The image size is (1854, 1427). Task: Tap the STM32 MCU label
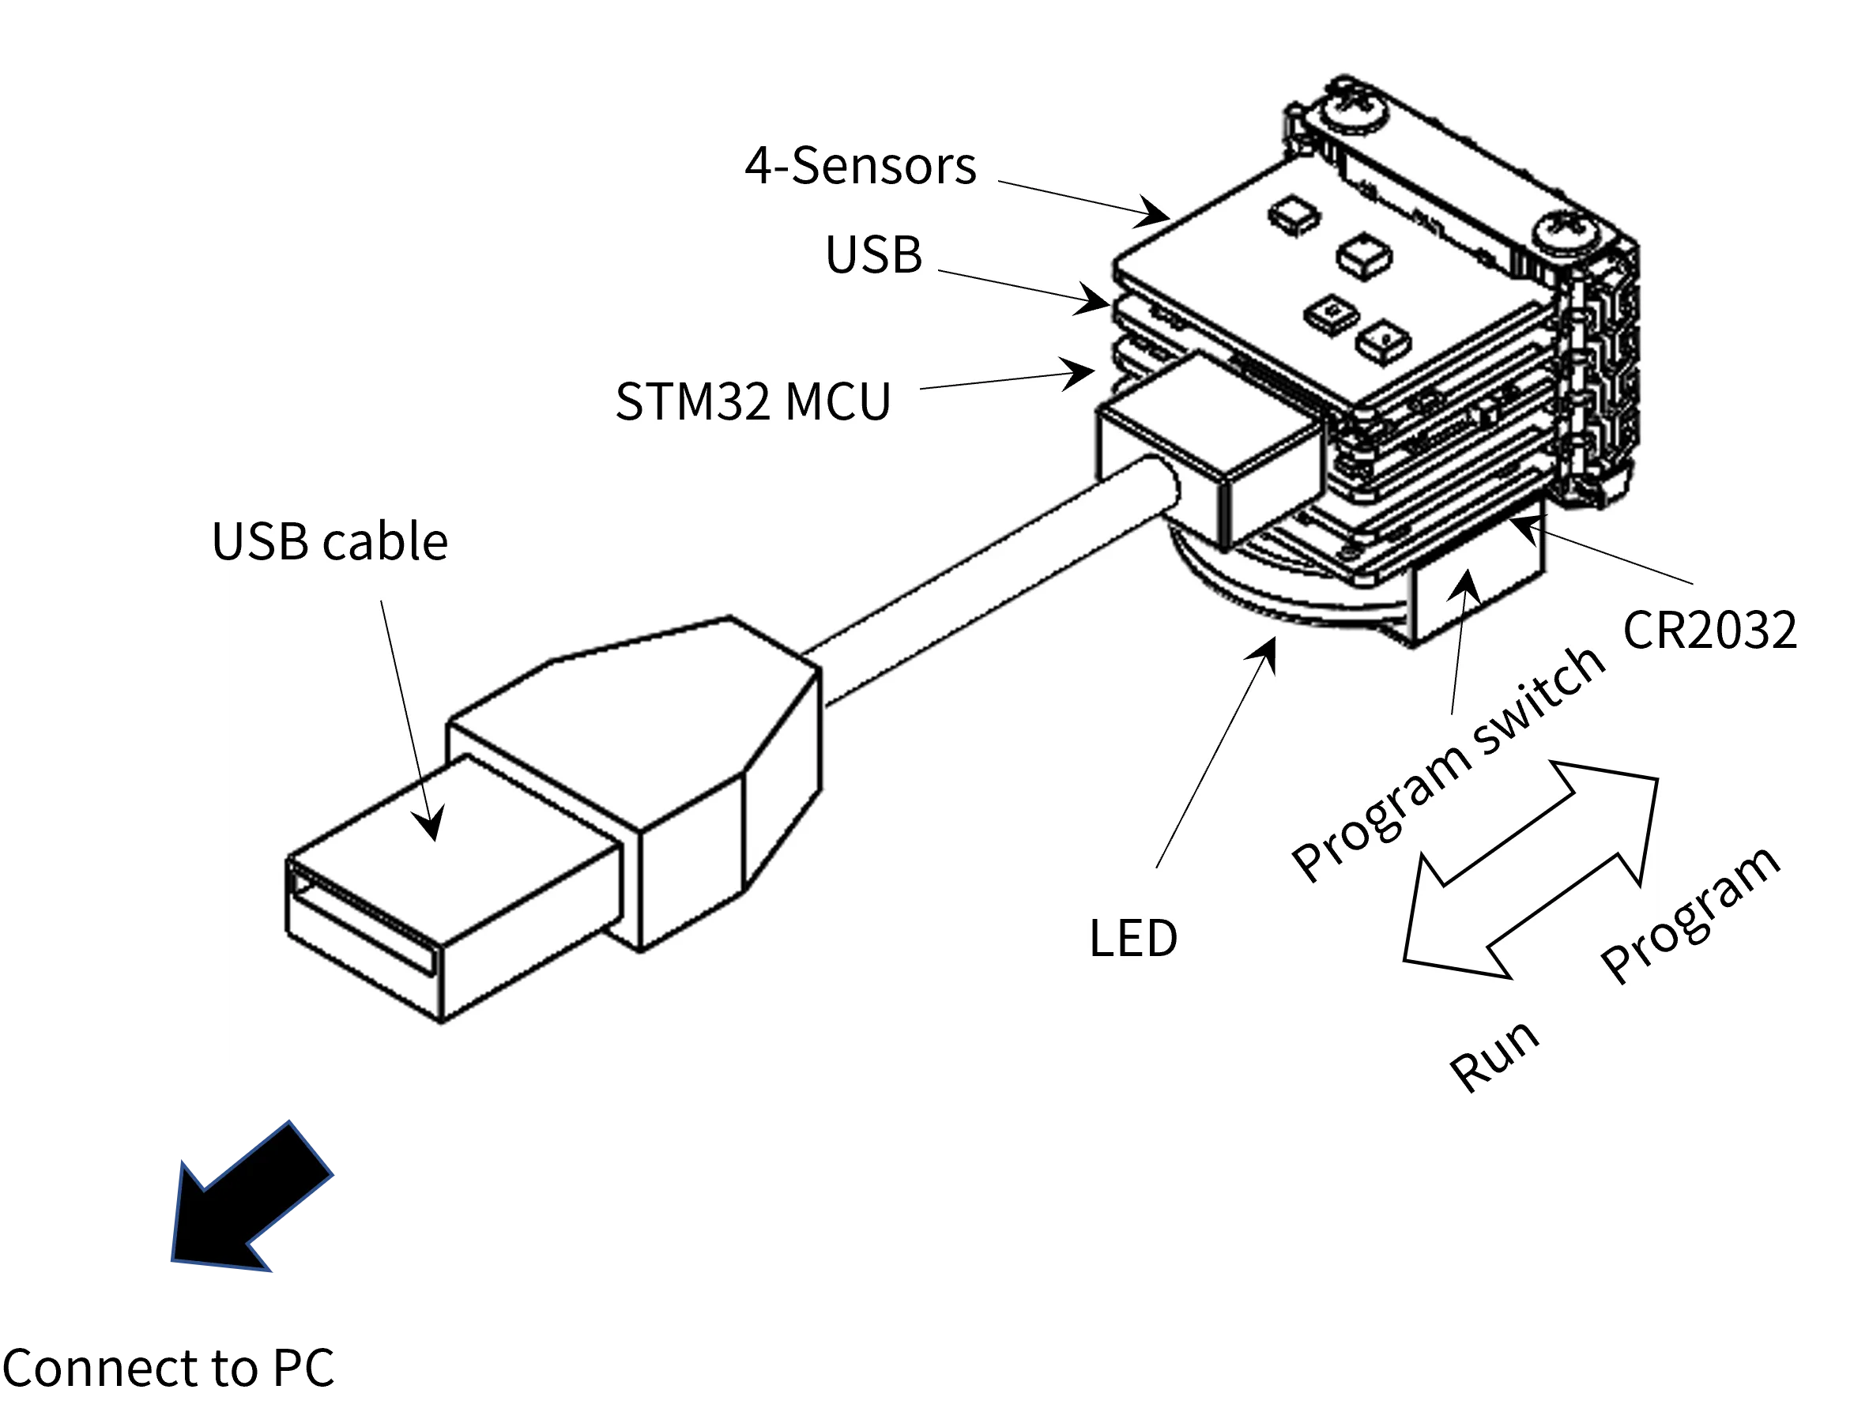753,401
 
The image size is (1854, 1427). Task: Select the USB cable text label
335,541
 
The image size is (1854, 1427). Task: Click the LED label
1133,938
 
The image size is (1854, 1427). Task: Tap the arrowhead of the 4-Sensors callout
1155,213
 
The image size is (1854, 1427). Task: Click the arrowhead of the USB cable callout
431,823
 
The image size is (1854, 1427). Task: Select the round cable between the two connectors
985,585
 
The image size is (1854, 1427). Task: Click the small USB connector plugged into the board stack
1210,450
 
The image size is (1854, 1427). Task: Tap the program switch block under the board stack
1477,585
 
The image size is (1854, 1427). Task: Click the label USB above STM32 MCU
873,254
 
